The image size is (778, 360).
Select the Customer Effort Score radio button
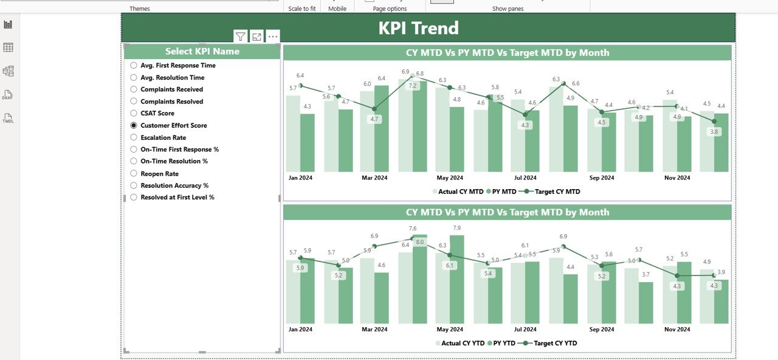point(134,125)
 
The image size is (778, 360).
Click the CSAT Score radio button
point(134,113)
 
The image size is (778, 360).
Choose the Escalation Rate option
point(134,137)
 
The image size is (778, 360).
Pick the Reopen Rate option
point(134,173)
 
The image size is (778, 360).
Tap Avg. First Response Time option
point(134,65)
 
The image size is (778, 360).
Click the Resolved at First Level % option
point(134,197)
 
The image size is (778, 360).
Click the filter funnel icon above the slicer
point(241,36)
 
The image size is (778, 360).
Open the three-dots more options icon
point(272,36)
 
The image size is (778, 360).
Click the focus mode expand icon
point(256,36)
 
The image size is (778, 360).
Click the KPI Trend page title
point(418,28)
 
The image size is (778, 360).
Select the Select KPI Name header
point(202,52)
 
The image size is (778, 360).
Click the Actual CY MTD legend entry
point(458,192)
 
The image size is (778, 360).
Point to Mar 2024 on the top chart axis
point(374,178)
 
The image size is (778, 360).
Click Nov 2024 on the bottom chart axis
point(677,329)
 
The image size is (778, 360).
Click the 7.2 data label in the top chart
point(413,86)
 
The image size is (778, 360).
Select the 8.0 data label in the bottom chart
point(419,242)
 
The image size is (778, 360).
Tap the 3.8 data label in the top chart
point(714,132)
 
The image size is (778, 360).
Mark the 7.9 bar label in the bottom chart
point(457,228)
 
